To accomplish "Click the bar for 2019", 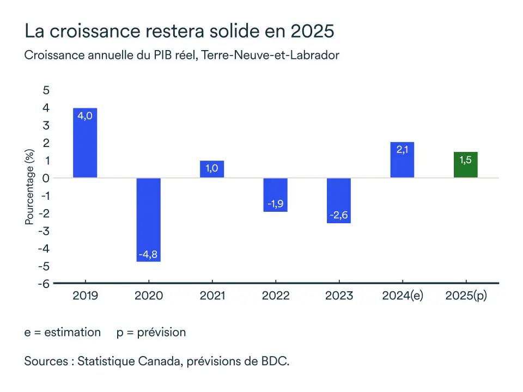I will (x=85, y=143).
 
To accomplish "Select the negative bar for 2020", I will (x=148, y=219).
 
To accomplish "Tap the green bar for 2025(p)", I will (x=466, y=164).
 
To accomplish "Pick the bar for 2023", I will (x=339, y=200).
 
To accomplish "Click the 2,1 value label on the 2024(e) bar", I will (x=403, y=150).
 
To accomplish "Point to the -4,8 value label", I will (x=148, y=254).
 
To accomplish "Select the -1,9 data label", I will (x=275, y=204).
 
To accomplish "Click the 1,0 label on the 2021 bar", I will (x=212, y=169).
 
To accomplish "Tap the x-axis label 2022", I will (x=276, y=296).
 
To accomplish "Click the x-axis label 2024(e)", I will (x=403, y=296).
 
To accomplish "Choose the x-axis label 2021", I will (x=212, y=296).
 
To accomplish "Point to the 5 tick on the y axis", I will (x=46, y=90).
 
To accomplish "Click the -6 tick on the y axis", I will (x=44, y=284).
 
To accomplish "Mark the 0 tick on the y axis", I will (x=46, y=178).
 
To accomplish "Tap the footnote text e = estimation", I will (x=63, y=332).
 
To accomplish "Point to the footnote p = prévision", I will (x=151, y=332).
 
